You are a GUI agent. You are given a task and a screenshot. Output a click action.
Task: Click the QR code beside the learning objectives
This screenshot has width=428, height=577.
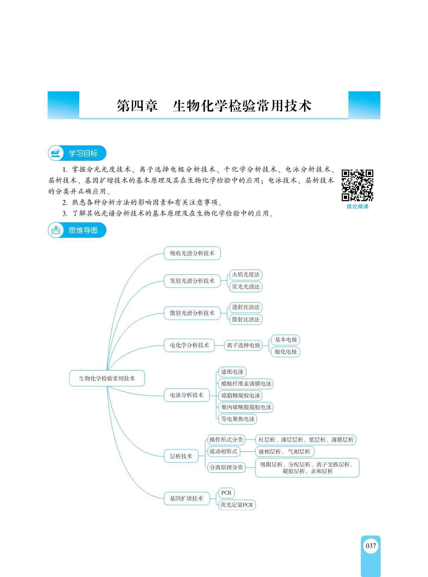coord(358,185)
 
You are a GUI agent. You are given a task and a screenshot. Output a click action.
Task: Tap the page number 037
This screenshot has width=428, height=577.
coord(371,546)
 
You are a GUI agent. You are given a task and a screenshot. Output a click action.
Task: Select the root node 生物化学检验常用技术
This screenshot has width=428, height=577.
coord(107,379)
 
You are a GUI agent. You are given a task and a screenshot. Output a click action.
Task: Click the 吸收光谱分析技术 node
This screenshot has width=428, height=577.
coord(192,253)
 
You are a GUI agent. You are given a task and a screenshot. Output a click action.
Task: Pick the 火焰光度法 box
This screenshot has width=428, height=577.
coord(246,275)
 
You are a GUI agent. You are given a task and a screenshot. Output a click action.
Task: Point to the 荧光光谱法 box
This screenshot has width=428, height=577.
coord(246,287)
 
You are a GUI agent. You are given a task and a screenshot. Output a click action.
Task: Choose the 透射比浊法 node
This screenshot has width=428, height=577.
coord(246,307)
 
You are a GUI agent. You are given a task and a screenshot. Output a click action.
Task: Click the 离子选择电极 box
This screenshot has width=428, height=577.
coord(243,345)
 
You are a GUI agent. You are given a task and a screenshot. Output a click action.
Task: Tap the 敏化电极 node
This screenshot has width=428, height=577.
coord(286,352)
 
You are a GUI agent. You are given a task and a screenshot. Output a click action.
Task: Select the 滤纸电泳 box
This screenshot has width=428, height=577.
coord(232,372)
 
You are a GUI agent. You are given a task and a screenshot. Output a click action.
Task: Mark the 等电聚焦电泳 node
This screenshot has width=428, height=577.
coord(238,419)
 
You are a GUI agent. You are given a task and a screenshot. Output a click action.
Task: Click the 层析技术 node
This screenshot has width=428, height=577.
coord(181,456)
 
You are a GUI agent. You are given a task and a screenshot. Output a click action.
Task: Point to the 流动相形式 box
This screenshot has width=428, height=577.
coord(224,452)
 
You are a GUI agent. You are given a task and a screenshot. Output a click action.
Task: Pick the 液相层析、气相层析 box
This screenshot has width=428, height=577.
coord(285,452)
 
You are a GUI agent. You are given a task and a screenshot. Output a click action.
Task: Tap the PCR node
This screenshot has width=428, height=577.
coord(226,493)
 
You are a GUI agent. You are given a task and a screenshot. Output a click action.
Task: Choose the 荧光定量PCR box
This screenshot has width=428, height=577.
coord(237,505)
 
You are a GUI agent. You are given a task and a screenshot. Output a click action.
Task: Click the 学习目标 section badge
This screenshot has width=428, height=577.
coord(77,153)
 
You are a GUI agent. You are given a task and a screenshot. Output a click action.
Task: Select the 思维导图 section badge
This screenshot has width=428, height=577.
coord(77,230)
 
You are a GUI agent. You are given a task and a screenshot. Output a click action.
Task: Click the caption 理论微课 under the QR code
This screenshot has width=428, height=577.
coord(358,207)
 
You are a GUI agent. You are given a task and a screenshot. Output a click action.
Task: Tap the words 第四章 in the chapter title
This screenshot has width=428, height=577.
coord(137,106)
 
